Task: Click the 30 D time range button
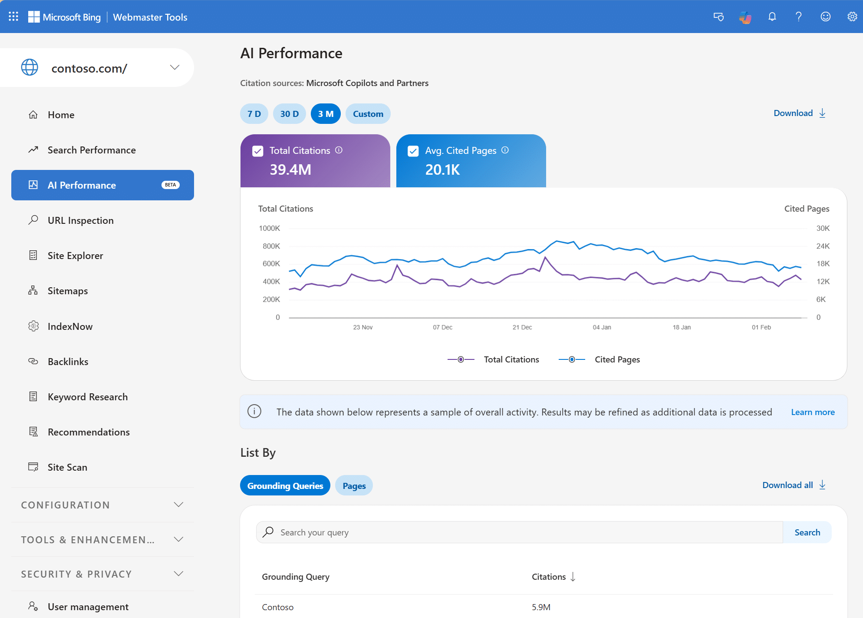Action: point(289,114)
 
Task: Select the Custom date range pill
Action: point(368,114)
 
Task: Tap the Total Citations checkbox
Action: point(258,151)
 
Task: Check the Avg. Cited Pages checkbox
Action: point(413,151)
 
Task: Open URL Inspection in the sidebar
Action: point(80,220)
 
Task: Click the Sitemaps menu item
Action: point(68,291)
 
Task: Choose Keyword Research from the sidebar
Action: point(87,397)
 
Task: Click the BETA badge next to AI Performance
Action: point(170,185)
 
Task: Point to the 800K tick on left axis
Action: point(271,246)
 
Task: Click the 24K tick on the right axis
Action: point(823,246)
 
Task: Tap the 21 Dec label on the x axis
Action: point(522,327)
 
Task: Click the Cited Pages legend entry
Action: point(617,359)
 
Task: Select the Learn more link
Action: point(813,412)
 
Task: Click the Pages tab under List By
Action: point(354,486)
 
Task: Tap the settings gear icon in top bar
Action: point(852,17)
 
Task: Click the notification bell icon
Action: point(772,17)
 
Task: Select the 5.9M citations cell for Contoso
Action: point(541,607)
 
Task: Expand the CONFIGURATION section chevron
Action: point(178,505)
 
